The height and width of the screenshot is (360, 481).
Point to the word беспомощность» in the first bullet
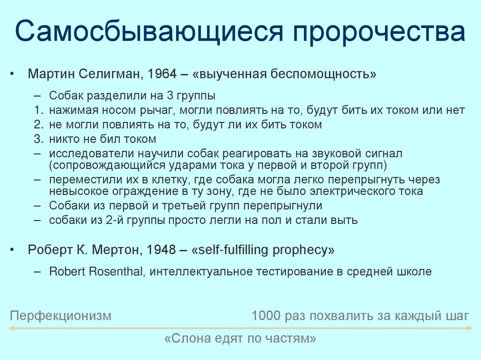coord(321,75)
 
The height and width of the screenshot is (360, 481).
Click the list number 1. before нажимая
coord(39,110)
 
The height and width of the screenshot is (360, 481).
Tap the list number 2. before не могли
coord(39,124)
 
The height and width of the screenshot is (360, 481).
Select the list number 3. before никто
coord(39,139)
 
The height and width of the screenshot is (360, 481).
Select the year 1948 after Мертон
coord(159,250)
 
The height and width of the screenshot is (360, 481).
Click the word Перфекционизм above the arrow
coord(61,315)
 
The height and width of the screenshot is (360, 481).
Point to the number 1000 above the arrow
coord(266,315)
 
